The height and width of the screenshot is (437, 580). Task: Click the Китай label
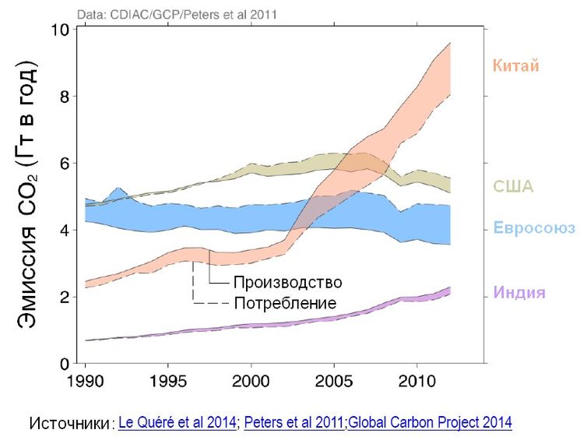click(x=515, y=65)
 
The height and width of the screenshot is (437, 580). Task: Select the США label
click(x=513, y=187)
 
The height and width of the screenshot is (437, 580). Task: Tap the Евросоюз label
click(x=534, y=228)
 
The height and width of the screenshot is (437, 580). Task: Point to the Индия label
click(x=519, y=293)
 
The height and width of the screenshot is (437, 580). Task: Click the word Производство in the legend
click(x=276, y=281)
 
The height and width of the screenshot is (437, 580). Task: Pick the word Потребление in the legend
click(x=276, y=302)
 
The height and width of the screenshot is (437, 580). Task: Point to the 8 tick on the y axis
click(x=65, y=97)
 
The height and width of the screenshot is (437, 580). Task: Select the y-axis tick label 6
click(x=65, y=164)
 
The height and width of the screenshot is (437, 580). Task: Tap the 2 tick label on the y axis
click(x=65, y=298)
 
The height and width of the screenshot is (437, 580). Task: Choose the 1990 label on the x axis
click(x=85, y=383)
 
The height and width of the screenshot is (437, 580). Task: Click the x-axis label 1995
click(x=167, y=383)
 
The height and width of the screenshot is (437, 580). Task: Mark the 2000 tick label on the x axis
click(x=251, y=383)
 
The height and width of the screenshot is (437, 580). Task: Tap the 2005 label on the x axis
click(x=333, y=383)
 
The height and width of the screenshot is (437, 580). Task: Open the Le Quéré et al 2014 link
click(x=178, y=423)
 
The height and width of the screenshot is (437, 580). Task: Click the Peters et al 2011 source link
click(x=294, y=423)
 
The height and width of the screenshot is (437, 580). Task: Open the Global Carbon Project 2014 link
click(x=430, y=423)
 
